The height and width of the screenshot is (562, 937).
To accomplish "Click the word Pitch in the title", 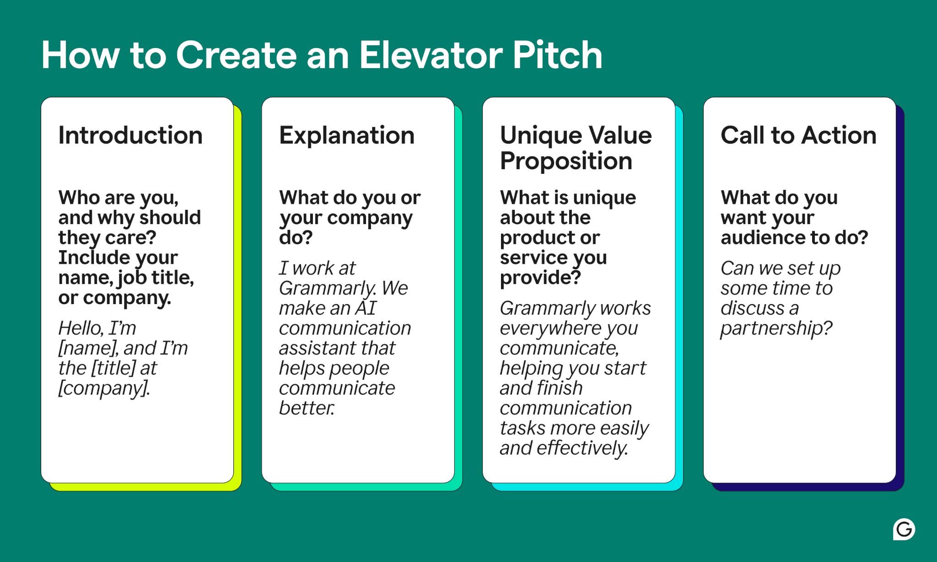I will tap(557, 55).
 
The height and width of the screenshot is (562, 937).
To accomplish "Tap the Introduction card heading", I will tap(130, 135).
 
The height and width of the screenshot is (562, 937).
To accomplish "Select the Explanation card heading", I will tap(347, 135).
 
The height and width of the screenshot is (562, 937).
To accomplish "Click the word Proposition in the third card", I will tap(566, 161).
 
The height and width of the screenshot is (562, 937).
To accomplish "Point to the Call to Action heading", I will tap(798, 135).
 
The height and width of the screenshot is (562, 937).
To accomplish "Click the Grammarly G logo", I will tap(904, 530).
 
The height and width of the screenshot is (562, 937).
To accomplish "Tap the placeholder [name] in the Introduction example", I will tap(88, 348).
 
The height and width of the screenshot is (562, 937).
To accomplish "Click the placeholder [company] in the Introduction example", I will tap(103, 389).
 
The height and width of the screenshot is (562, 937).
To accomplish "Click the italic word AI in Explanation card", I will tap(366, 308).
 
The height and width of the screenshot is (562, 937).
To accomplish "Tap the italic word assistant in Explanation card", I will tap(316, 348).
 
